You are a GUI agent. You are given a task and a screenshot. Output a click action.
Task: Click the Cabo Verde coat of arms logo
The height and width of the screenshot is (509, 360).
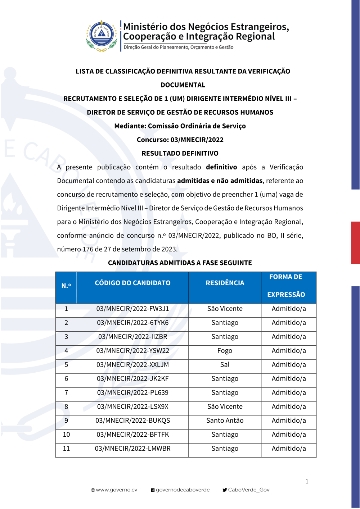point(102,35)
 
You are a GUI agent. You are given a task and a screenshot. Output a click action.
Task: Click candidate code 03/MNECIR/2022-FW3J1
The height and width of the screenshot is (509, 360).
point(132,309)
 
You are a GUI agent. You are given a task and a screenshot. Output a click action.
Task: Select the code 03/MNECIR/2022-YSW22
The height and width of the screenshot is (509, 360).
point(132,351)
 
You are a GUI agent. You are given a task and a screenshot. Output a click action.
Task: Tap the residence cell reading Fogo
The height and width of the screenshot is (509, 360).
point(225,351)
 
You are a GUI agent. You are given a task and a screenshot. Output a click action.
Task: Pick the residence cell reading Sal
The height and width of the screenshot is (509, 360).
point(225,365)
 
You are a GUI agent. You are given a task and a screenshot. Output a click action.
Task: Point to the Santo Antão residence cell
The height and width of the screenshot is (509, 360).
point(225,421)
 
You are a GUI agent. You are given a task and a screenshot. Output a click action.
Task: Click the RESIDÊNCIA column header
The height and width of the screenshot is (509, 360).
point(225,283)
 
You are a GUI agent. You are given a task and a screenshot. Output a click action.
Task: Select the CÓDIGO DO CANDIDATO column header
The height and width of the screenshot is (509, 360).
point(132,283)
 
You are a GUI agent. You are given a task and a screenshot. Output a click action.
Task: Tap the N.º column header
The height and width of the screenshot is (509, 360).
point(66,286)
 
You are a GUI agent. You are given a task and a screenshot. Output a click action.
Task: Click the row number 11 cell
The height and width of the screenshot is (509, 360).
point(66,449)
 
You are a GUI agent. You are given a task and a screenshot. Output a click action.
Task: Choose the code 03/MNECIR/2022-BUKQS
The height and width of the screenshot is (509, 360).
point(132,421)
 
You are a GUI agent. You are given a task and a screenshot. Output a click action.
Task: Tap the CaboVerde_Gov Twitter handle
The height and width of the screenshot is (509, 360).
point(248,490)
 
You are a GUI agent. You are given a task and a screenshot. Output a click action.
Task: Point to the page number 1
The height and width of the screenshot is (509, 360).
point(307,481)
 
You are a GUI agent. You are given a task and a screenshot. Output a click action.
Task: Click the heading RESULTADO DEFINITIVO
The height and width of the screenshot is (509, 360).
point(180,153)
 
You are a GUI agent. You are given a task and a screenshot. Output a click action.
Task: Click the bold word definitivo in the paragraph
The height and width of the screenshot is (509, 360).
point(221,167)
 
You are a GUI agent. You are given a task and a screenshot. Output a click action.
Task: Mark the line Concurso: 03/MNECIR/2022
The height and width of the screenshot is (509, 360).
point(180,140)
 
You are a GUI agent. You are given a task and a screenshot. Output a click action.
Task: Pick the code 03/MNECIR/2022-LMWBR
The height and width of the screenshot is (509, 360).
point(132,449)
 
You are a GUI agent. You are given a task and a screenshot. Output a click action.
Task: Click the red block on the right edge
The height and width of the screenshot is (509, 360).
point(355,242)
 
